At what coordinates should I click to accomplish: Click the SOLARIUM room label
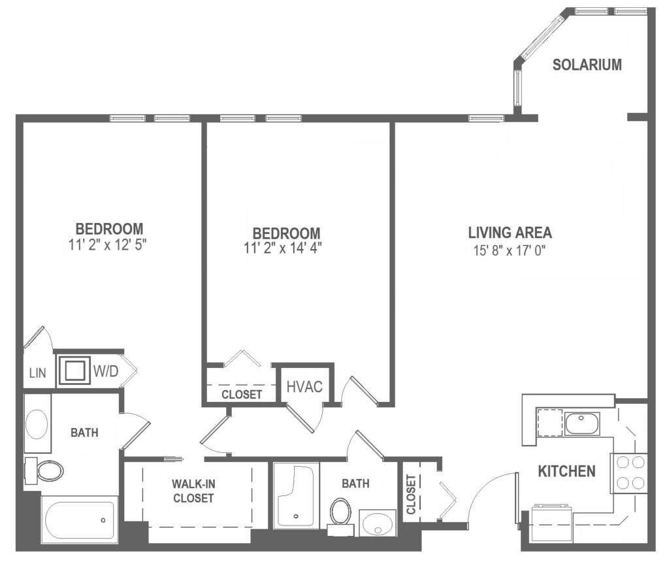(587, 65)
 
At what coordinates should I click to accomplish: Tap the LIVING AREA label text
(510, 232)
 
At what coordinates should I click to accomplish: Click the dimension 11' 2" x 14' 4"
(286, 248)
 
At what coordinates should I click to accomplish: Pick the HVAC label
(304, 386)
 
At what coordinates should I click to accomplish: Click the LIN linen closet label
(37, 374)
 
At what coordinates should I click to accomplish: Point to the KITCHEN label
(566, 471)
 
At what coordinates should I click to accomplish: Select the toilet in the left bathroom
(46, 469)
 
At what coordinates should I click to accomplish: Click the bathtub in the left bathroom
(79, 519)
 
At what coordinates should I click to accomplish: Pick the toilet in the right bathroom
(340, 512)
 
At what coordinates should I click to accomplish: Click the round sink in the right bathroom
(378, 523)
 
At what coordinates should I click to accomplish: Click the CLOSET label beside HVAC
(242, 395)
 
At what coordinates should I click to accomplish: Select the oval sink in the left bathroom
(37, 424)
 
